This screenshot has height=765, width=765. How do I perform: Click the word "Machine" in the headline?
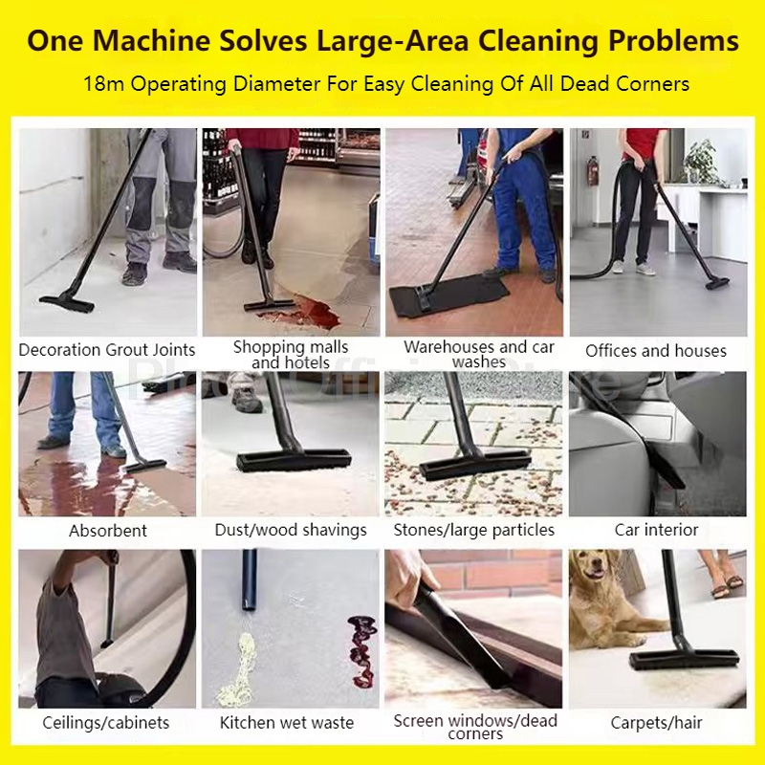click(151, 40)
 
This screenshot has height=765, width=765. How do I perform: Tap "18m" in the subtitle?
click(103, 84)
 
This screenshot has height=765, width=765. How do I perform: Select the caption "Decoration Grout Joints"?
click(107, 350)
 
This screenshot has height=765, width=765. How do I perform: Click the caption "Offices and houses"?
click(656, 351)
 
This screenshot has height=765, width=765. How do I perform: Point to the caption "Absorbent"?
click(108, 531)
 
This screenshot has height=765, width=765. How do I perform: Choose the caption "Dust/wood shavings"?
click(291, 530)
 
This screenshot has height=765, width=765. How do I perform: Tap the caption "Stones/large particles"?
click(473, 530)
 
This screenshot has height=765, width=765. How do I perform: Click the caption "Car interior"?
click(656, 530)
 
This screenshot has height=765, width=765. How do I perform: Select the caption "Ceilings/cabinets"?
click(106, 723)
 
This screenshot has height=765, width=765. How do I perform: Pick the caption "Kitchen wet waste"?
click(287, 723)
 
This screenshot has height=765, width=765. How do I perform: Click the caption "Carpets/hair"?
click(656, 723)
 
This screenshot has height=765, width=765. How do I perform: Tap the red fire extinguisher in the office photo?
click(593, 171)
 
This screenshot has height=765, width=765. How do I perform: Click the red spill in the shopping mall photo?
click(305, 312)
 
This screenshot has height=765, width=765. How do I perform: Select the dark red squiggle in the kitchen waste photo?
click(362, 651)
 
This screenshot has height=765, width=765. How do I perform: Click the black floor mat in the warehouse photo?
click(448, 295)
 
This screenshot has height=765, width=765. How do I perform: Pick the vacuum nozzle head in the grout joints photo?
click(67, 301)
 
